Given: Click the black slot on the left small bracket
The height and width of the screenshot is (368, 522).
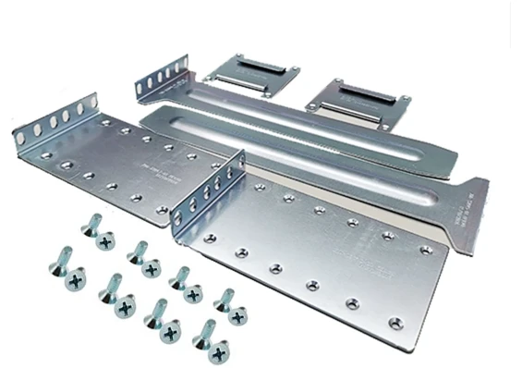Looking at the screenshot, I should [x=250, y=70].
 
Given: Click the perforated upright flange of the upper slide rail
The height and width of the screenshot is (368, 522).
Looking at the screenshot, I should [x=163, y=78].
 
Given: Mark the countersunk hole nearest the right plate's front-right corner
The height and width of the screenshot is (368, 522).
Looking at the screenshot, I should [x=395, y=323].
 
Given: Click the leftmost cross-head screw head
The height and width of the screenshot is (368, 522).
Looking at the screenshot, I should [x=74, y=276].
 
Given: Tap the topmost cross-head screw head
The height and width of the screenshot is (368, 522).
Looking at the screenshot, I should [x=105, y=241].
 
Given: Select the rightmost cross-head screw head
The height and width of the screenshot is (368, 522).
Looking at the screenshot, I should [x=239, y=317].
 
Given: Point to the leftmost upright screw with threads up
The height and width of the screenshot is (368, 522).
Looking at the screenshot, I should [x=55, y=263].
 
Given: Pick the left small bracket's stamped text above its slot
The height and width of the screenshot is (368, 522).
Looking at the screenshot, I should [x=246, y=58].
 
